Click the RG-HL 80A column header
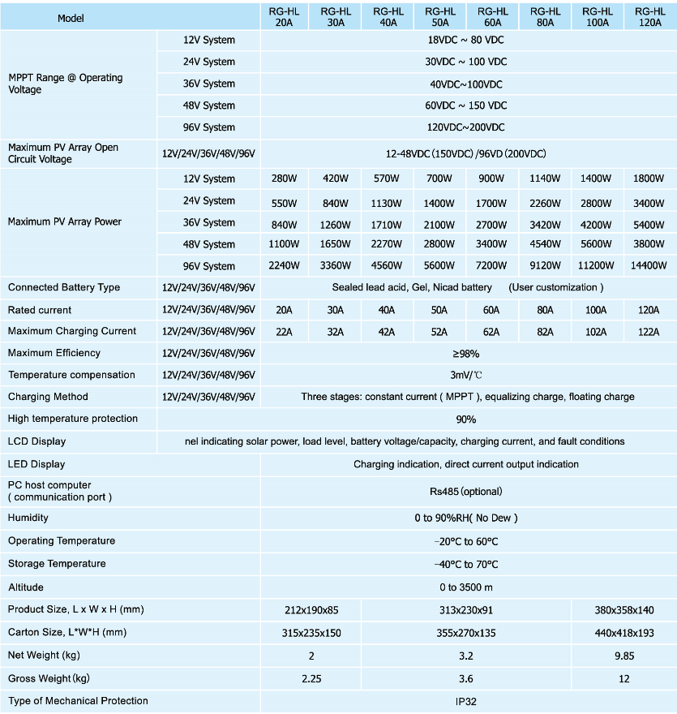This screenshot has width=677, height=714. point(545,17)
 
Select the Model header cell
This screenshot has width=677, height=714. point(71,18)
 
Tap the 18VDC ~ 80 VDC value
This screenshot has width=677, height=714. point(466,40)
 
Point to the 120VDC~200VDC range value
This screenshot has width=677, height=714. point(466,127)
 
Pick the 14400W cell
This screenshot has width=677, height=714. point(650,265)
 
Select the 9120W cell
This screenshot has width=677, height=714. point(545,265)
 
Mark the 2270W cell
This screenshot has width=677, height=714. point(388,244)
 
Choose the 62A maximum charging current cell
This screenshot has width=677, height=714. point(492,331)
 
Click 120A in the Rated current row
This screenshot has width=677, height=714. point(650,310)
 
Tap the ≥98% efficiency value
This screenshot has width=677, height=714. point(466,353)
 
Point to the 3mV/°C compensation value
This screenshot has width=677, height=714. point(466,375)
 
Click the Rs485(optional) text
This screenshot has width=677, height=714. point(466,491)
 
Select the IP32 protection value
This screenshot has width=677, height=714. point(466,701)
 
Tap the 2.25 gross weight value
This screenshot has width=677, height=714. point(311,678)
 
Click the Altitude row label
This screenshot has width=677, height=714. point(26,587)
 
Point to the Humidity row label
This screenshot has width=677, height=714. point(28,518)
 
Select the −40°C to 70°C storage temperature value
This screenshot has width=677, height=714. point(466,564)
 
